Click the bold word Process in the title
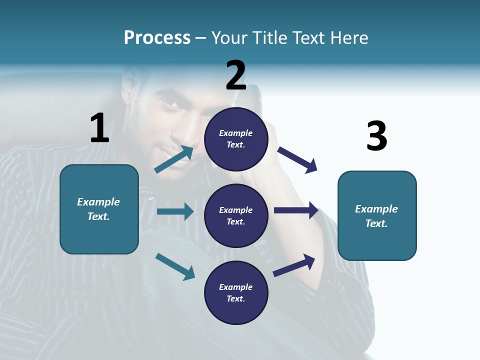point(157,37)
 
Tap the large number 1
point(99,128)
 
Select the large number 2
point(236,75)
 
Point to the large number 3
point(376,136)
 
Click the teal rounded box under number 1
point(99,209)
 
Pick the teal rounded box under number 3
point(377,216)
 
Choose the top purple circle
point(236,139)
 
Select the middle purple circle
point(236,215)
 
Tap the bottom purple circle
point(236,292)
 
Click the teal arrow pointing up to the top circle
point(174,159)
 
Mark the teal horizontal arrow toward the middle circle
point(175,211)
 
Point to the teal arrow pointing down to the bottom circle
point(175,266)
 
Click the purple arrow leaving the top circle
point(297,159)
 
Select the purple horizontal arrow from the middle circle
point(296,210)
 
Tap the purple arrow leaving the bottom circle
point(294,265)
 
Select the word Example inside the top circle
point(236,133)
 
